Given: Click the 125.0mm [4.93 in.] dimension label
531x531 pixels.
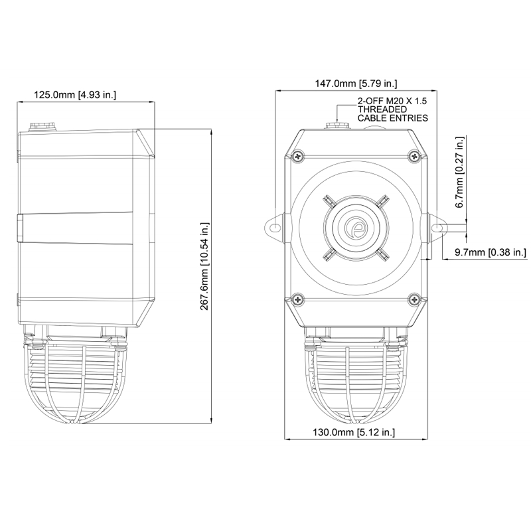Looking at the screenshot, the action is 75,94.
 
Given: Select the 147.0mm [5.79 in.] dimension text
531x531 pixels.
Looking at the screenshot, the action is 356,84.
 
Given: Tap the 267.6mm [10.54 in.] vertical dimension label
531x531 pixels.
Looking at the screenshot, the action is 204,266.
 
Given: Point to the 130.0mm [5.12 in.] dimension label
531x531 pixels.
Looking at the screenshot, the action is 354,432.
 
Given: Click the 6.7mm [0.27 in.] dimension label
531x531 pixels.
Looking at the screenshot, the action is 460,172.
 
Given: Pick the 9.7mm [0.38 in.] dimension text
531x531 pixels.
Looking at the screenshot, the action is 491,252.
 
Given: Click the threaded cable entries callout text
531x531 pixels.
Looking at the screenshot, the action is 393,110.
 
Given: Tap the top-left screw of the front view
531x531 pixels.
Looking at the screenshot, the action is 298,156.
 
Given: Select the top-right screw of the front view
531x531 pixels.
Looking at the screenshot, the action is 414,156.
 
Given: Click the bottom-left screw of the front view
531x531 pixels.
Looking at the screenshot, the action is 298,299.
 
